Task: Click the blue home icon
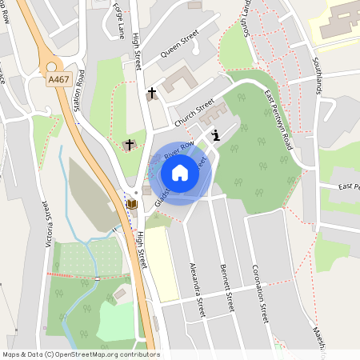coord(180,173)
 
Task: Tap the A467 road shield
coord(58,79)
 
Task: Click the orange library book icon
coord(131,204)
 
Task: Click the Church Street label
coord(195,112)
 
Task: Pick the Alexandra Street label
coord(198,288)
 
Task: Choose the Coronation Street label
coord(258,293)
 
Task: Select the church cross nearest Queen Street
coord(152,93)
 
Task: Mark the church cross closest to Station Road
coord(128,145)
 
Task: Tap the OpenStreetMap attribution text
coord(80,354)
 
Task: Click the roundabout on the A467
coord(55,68)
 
